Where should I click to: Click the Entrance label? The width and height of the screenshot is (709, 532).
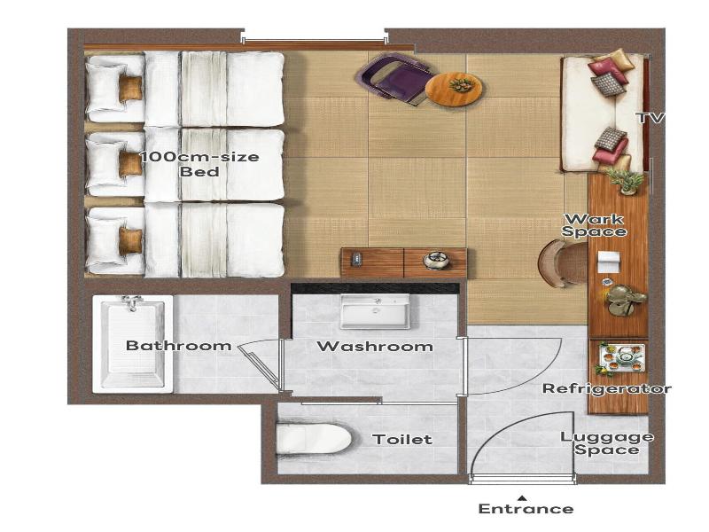526,508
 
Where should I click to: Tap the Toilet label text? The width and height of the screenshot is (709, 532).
402,439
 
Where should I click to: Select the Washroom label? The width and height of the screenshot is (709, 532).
375,347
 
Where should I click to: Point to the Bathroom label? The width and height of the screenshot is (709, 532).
179,346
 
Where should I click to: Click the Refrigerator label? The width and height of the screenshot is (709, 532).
607,388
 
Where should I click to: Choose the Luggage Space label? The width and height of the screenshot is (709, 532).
607,443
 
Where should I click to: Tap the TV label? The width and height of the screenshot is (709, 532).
651,118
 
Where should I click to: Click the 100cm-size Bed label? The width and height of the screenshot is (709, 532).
199,164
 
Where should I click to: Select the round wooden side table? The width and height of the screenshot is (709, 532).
454,90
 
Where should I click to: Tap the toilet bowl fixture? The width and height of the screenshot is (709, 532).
314,438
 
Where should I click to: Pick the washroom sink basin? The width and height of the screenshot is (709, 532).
375,311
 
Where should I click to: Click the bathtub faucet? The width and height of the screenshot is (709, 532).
131,302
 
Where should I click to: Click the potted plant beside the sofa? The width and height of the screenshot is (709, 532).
626,180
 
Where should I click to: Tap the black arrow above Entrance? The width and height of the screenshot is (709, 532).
522,498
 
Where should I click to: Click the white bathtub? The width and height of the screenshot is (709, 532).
132,344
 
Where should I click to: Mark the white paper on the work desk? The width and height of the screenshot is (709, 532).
607,262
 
